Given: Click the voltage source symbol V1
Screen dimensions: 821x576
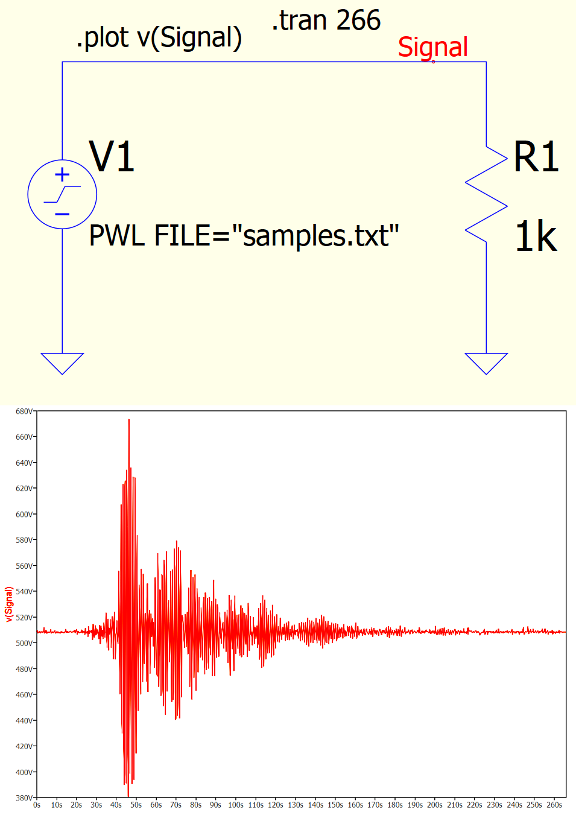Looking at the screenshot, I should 62,194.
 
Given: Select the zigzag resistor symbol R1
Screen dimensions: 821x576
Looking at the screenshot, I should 486,194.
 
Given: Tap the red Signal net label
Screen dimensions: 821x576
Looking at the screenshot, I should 432,47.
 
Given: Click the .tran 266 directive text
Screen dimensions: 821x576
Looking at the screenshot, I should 326,21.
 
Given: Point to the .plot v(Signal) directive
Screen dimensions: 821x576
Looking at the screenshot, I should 159,37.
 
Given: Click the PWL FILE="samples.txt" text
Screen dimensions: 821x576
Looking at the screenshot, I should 244,235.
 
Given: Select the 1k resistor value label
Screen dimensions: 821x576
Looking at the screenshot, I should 536,236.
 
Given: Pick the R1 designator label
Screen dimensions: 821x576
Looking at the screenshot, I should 536,157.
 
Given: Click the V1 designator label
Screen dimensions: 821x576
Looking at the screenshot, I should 112,157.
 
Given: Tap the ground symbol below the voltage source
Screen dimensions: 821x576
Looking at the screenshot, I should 62,363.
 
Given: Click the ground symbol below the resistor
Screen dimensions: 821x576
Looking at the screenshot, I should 486,363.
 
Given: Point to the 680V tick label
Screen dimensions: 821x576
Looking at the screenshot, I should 24,411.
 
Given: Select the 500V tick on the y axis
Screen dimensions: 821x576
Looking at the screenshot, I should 24,643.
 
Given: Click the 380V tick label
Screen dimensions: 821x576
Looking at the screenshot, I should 24,797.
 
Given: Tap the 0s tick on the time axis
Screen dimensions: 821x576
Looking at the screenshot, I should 37,805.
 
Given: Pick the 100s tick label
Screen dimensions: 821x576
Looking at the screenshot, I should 236,805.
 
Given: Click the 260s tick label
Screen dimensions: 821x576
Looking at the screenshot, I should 554,805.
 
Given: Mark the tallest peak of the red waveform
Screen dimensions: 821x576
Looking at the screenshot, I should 128,420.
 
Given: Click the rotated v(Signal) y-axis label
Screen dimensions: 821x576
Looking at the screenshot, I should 9,604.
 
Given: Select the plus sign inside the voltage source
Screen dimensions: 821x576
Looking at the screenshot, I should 62,175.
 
